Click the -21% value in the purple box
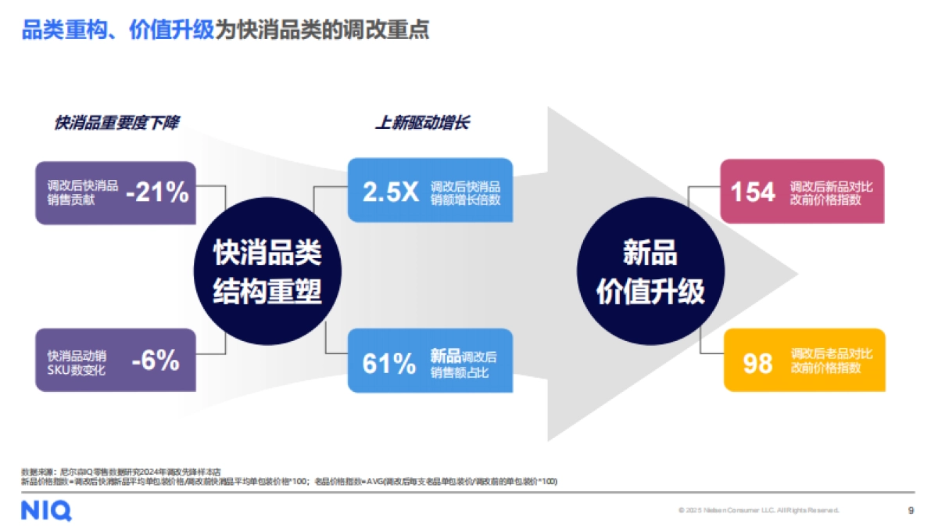[158, 192]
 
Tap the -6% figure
[156, 361]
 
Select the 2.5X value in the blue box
[391, 192]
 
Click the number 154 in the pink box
[753, 192]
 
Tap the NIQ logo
[46, 511]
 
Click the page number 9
[911, 510]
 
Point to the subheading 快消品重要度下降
[116, 123]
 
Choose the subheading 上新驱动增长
[422, 123]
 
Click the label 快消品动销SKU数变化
[77, 362]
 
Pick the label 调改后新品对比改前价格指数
[831, 193]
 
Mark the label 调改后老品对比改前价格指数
[831, 361]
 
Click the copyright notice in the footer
[758, 510]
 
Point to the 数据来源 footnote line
[121, 472]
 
